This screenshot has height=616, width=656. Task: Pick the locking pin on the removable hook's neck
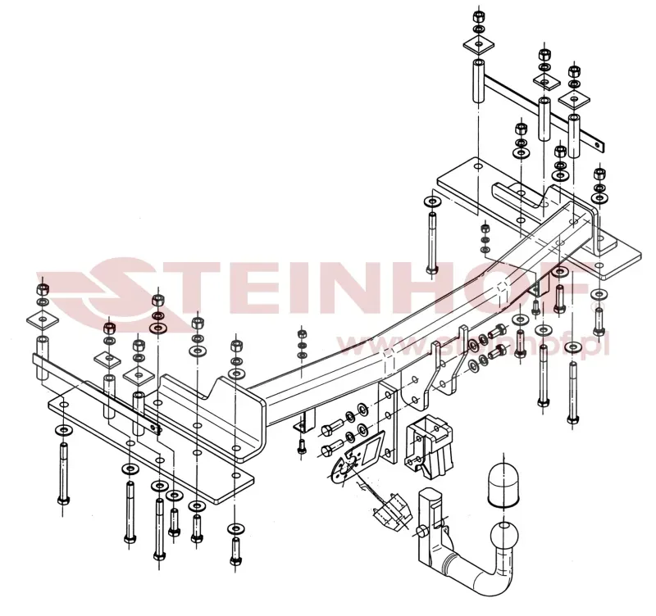pos(421,531)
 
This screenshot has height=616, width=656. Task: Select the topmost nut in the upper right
pos(478,16)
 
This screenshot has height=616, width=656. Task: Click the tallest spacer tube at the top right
pos(479,81)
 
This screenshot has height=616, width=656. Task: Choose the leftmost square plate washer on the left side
pos(43,320)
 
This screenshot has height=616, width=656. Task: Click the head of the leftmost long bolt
pos(63,500)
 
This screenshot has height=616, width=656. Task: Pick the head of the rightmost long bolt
pos(572,418)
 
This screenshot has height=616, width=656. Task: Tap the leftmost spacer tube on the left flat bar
pos(43,357)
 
